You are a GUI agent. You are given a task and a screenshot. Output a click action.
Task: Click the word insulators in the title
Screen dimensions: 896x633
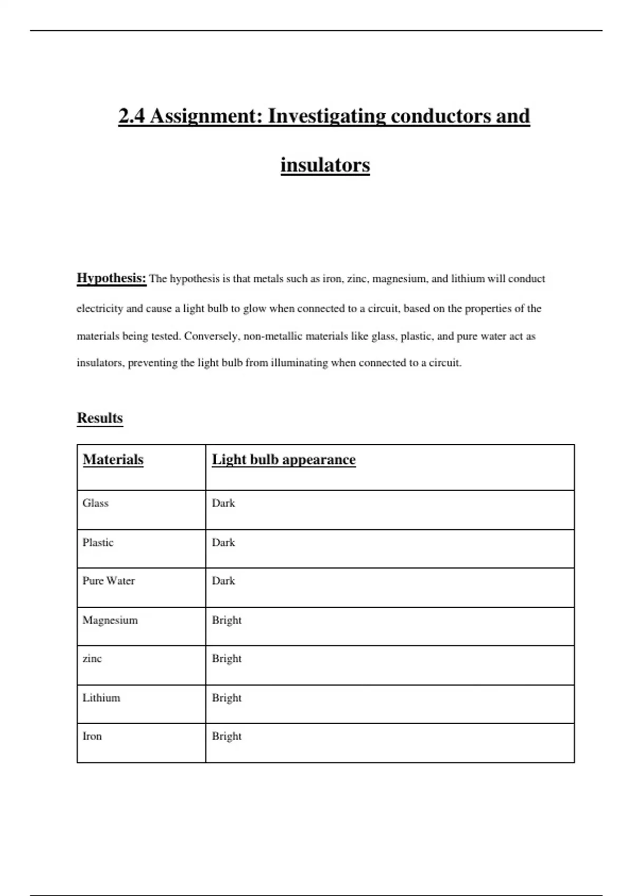(x=325, y=165)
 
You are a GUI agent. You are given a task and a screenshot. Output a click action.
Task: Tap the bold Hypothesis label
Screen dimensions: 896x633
(x=111, y=278)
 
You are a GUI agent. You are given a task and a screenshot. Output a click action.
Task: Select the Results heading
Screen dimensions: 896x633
(x=100, y=418)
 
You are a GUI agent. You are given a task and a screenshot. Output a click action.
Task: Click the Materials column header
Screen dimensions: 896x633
(x=113, y=460)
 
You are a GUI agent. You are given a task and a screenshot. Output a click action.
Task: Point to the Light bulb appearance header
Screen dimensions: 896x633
(x=284, y=460)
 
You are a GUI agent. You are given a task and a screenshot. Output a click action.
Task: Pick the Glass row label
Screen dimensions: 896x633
(x=95, y=503)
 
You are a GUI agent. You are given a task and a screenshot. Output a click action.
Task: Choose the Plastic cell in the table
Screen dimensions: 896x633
(x=98, y=542)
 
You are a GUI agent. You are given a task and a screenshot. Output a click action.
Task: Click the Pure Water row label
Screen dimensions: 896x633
(x=109, y=581)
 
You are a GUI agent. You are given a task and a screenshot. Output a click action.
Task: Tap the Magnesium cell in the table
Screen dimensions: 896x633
(x=110, y=620)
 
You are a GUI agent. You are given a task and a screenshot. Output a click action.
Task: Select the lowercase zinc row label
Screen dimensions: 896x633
(x=92, y=659)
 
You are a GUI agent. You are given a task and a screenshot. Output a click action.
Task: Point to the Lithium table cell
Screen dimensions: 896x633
(x=101, y=698)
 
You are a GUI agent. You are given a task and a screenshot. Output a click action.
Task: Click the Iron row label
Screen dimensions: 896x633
(x=92, y=736)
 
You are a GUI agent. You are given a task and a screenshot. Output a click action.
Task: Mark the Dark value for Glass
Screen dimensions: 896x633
(x=223, y=503)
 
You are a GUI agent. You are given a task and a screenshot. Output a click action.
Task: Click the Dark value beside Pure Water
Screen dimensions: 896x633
(x=223, y=581)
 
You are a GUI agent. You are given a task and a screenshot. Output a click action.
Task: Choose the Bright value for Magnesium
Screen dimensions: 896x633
(x=227, y=620)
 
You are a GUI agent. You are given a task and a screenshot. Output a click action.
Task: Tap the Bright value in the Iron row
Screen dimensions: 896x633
(x=227, y=736)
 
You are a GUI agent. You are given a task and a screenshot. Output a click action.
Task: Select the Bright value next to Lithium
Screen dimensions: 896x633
(x=227, y=698)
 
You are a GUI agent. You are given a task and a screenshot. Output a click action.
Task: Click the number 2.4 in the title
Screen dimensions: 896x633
(x=131, y=116)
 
